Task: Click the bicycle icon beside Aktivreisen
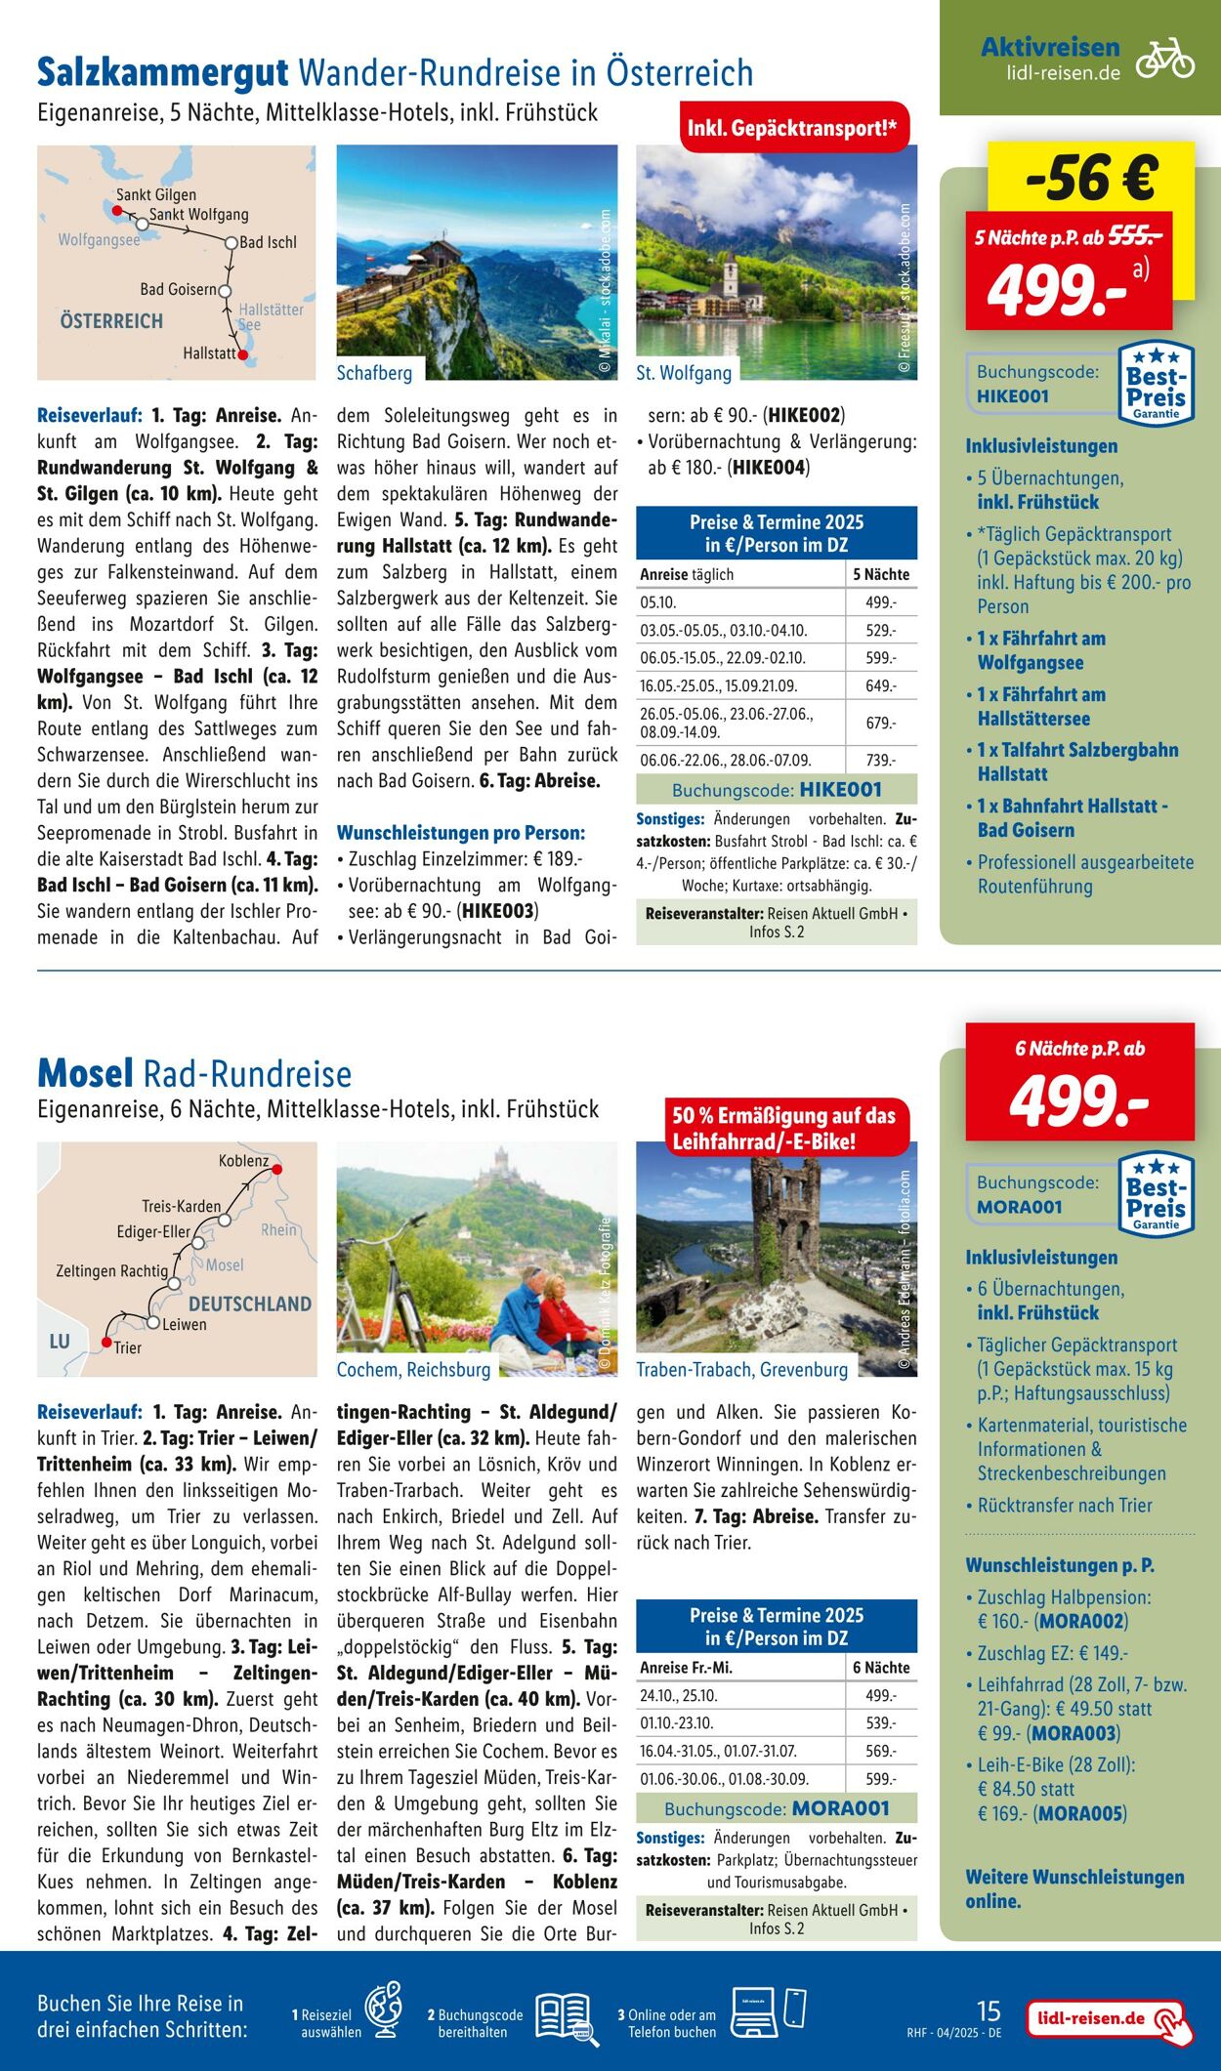point(1164,59)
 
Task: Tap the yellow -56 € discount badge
point(1091,178)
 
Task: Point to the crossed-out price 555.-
point(1135,236)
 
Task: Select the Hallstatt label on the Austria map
point(209,352)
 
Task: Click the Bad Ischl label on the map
point(268,242)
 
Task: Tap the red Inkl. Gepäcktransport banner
point(793,128)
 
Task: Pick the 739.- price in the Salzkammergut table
point(879,760)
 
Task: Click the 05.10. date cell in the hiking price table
point(658,602)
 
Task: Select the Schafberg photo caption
point(374,373)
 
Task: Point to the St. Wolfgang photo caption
point(684,373)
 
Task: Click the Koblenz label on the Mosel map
point(243,1161)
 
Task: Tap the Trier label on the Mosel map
point(127,1347)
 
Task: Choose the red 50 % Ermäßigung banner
point(783,1128)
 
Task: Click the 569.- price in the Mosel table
point(879,1751)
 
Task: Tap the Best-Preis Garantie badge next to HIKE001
point(1156,383)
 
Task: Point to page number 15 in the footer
point(989,2010)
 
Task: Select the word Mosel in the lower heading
point(85,1073)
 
